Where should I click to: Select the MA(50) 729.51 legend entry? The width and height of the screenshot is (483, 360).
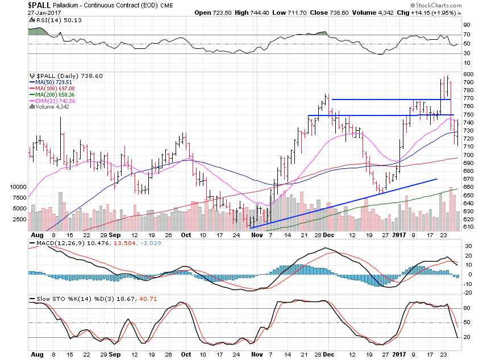(x=52, y=83)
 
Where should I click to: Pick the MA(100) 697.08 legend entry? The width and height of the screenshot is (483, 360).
(x=53, y=89)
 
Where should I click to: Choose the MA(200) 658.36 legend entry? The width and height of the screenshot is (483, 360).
(x=53, y=95)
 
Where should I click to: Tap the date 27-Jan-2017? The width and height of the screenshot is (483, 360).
(x=22, y=12)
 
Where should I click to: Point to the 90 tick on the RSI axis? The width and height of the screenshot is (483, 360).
(x=466, y=25)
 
